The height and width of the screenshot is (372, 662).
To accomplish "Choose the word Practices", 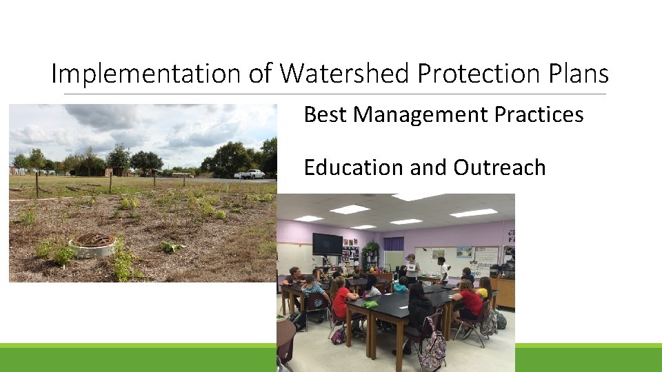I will [539, 114].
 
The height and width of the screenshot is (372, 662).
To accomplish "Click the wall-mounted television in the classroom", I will [328, 244].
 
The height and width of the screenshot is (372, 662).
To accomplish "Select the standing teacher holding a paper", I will [412, 269].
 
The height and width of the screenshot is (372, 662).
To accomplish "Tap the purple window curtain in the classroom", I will [394, 244].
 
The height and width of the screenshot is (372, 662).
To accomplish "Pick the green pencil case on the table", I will [371, 304].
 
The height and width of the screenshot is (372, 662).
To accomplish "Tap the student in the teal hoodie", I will [399, 285].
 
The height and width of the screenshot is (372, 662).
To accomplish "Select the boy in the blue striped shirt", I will [314, 293].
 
